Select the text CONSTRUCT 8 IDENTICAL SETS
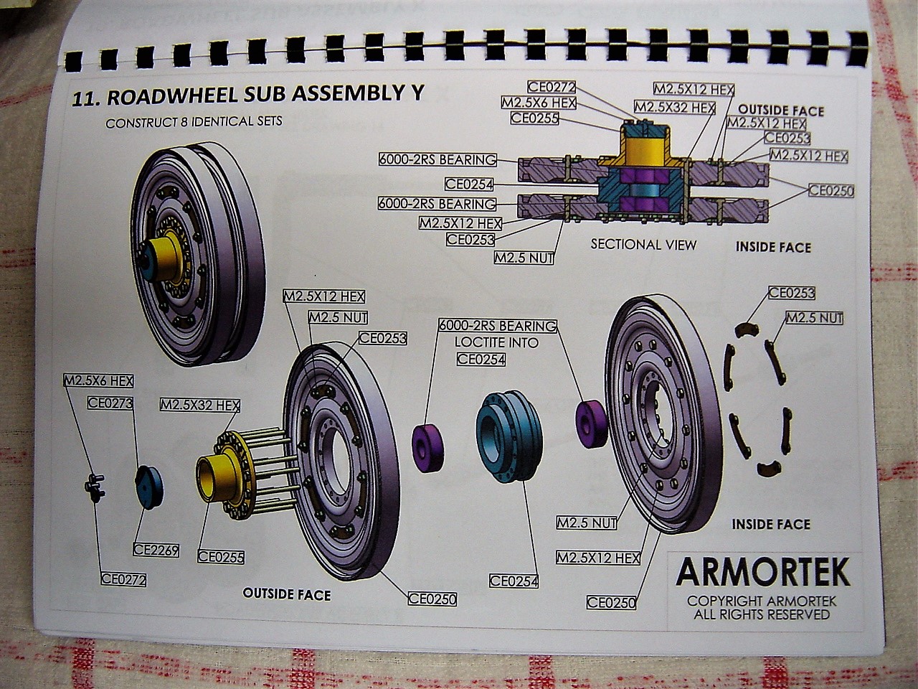coord(194,122)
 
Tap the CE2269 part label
coord(156,550)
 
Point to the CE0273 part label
coord(110,403)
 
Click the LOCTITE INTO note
coord(496,342)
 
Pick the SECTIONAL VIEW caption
coord(643,245)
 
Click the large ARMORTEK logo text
coord(763,572)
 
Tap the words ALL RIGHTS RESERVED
coord(762,615)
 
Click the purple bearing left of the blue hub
coord(429,448)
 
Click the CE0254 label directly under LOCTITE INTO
coord(481,359)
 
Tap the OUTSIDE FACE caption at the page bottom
coord(287,594)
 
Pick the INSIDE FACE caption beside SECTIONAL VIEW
coord(773,248)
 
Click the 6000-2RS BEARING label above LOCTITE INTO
coord(497,326)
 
